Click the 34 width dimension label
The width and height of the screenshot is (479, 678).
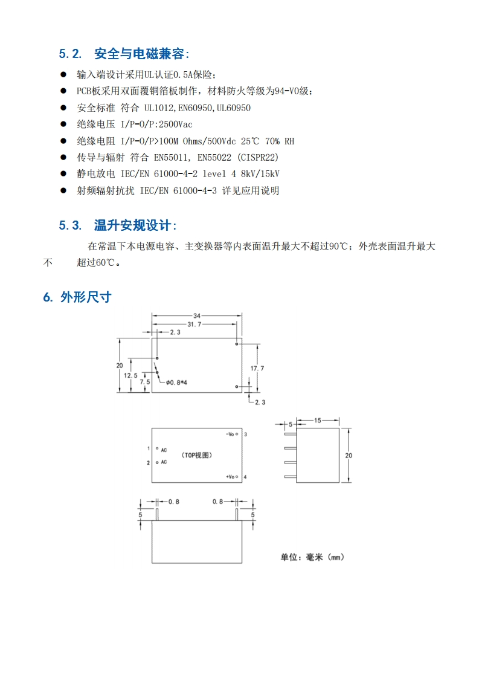click(x=197, y=315)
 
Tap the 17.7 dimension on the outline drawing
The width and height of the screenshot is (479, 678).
click(x=257, y=368)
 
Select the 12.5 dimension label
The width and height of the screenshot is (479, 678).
click(x=131, y=375)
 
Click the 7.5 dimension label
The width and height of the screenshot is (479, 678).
click(x=145, y=382)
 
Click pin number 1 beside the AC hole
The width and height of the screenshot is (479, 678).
click(x=148, y=448)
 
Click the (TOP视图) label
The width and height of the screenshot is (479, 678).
click(x=199, y=455)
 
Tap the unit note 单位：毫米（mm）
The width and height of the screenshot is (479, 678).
click(x=312, y=557)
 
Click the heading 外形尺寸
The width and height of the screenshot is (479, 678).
click(x=85, y=297)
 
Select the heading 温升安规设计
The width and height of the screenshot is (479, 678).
click(x=133, y=226)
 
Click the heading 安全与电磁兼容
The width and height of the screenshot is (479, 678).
click(x=140, y=54)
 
